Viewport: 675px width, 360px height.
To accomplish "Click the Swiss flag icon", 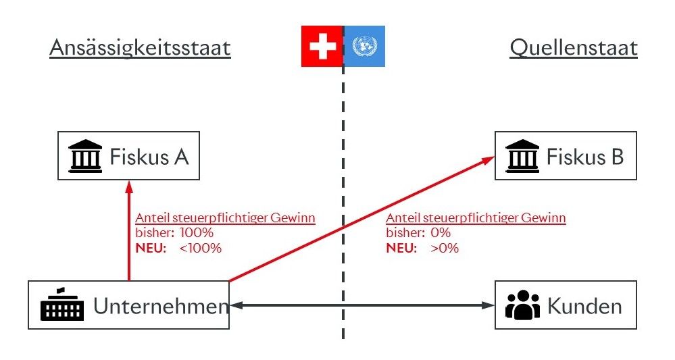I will coord(322,46).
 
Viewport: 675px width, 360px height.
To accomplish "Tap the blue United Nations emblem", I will coord(365,46).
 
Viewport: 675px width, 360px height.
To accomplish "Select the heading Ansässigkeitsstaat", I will coord(140,49).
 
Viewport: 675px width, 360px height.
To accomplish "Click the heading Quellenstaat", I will coord(574,49).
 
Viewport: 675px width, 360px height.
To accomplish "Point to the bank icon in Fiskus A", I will coord(86,156).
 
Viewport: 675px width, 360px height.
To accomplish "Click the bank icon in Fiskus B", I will coord(523,156).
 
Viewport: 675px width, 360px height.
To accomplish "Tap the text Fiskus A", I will coord(149,157).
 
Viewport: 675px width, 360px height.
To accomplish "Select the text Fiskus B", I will coord(585,157).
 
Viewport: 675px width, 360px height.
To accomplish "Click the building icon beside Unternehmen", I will coord(63,305).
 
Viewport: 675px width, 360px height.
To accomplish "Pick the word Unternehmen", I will coord(161,306).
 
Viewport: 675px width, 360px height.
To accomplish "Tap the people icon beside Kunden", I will coord(523,306).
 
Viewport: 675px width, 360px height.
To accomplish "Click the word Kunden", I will coord(584,306).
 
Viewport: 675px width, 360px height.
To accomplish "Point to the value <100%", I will coord(201,248).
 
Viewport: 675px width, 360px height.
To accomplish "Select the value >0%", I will coord(445,248).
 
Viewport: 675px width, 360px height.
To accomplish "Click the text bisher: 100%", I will coord(174,233).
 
